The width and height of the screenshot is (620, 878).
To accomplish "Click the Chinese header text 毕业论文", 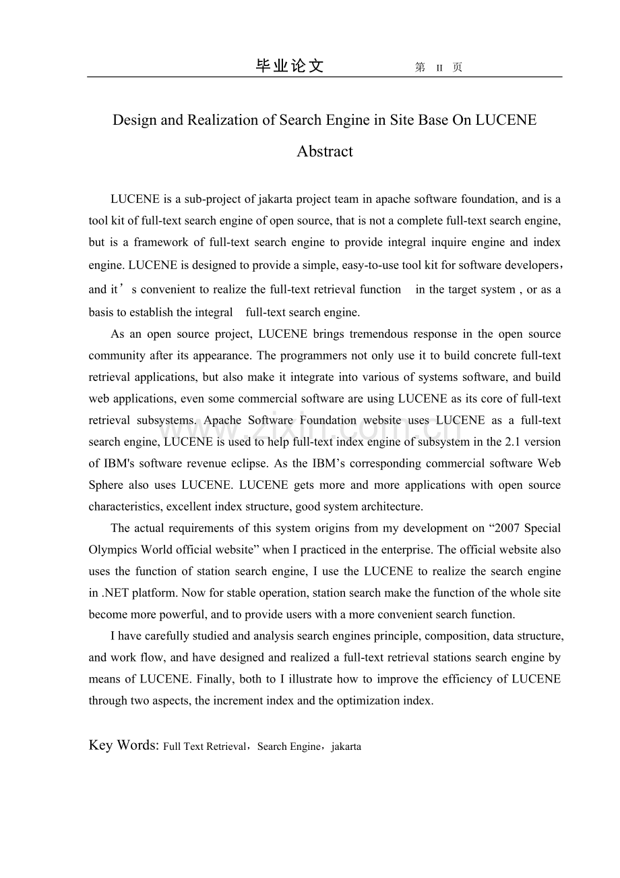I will [x=290, y=66].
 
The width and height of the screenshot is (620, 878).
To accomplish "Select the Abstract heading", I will [x=325, y=151].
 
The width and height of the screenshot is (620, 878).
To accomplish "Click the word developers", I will [x=532, y=265].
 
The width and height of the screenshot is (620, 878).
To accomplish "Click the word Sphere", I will [x=106, y=486].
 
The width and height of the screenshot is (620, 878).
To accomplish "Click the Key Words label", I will [x=123, y=745].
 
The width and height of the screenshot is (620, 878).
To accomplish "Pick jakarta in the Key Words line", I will [x=346, y=747].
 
